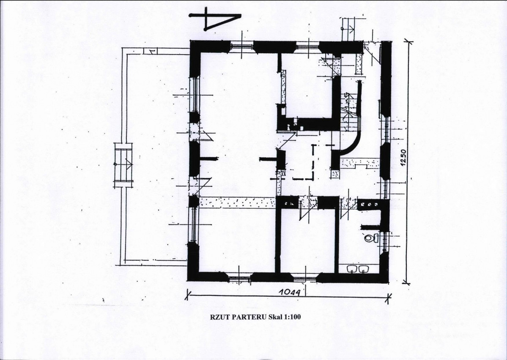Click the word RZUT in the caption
[218, 317]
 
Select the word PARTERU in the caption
[246, 317]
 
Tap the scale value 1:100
[292, 317]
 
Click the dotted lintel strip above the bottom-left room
[237, 202]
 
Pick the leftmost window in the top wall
[241, 46]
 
